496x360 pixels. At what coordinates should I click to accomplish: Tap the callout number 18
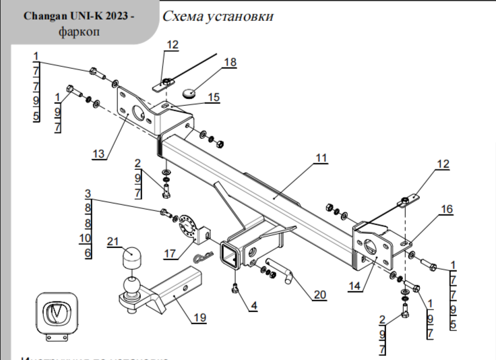230,62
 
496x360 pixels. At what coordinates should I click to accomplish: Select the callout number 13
99,154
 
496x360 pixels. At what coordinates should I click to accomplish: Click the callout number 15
213,98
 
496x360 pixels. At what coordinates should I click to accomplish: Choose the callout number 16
447,210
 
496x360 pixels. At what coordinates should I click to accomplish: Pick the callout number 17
170,254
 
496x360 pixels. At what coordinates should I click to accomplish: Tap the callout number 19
198,318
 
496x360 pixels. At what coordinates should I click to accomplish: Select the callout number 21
113,241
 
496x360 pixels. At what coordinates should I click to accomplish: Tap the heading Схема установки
218,16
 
